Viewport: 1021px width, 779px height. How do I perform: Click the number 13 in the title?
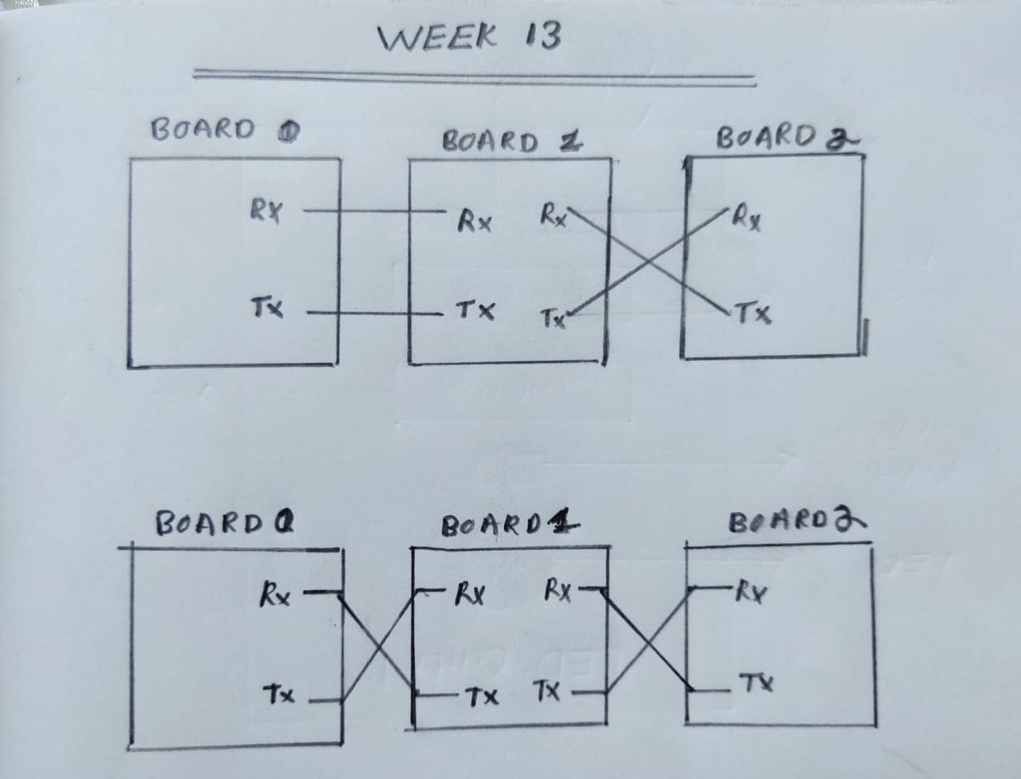[x=542, y=37]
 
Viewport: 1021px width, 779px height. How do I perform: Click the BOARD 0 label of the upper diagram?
[x=224, y=130]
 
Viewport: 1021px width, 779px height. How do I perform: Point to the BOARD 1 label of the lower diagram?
[x=510, y=526]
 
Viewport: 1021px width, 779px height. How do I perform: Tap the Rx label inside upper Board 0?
[x=265, y=212]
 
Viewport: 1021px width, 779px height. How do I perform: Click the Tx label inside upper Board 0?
[x=266, y=307]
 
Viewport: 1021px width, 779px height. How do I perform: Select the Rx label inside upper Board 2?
[x=747, y=218]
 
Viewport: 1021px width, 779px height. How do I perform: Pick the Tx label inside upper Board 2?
[x=753, y=313]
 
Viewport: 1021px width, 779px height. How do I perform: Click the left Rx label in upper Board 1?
[x=474, y=220]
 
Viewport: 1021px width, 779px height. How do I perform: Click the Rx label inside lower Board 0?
[x=274, y=595]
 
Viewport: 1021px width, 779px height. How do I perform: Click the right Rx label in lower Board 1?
[x=558, y=591]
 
